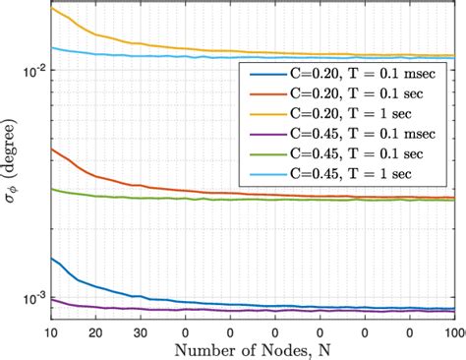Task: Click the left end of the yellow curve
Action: (50, 8)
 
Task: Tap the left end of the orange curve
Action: (50, 149)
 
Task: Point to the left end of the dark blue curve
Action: (50, 259)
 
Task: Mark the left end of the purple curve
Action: (50, 299)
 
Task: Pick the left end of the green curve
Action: (50, 189)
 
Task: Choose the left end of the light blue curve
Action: (50, 47)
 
